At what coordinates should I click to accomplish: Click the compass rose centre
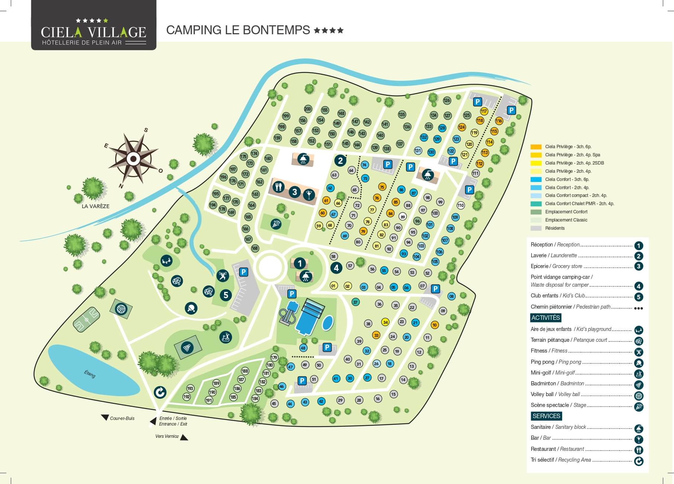point(133,159)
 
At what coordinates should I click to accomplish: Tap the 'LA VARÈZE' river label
point(96,206)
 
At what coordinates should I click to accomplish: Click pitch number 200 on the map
point(308,109)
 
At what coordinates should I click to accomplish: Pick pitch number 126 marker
point(447,100)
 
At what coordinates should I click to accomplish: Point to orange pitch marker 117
point(484,111)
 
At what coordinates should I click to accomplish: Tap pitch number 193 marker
point(190,388)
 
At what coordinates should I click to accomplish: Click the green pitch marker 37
point(355,302)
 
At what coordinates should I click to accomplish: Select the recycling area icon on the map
point(160,392)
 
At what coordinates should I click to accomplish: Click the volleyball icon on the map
point(121,309)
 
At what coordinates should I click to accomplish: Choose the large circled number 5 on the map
point(226,295)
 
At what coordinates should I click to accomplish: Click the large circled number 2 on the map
point(340,161)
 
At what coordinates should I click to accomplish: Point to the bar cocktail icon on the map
point(309,194)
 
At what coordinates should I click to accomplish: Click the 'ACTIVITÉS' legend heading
point(545,318)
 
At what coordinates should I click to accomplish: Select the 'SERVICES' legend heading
point(546,416)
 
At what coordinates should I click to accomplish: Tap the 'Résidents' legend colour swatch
point(536,228)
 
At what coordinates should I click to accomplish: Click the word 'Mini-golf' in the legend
point(541,373)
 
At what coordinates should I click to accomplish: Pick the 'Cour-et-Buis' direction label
point(122,418)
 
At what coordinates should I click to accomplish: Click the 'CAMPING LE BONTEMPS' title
point(238,30)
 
